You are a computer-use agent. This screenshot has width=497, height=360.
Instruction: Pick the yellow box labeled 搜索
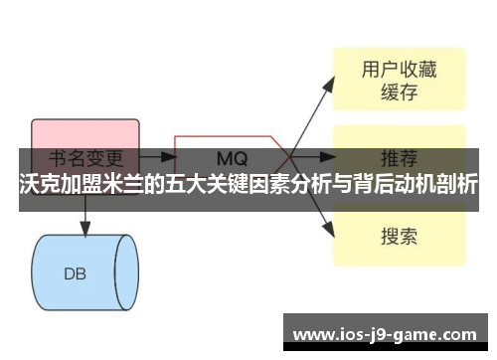point(399,236)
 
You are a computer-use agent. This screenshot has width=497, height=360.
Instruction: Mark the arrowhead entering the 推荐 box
point(325,156)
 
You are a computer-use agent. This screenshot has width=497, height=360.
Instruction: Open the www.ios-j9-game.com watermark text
point(387,334)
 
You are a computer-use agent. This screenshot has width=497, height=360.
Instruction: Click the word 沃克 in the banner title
point(41,187)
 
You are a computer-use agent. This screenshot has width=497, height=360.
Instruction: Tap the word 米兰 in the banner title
point(125,187)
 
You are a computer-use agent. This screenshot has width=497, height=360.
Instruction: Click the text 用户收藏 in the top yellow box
point(399,70)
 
